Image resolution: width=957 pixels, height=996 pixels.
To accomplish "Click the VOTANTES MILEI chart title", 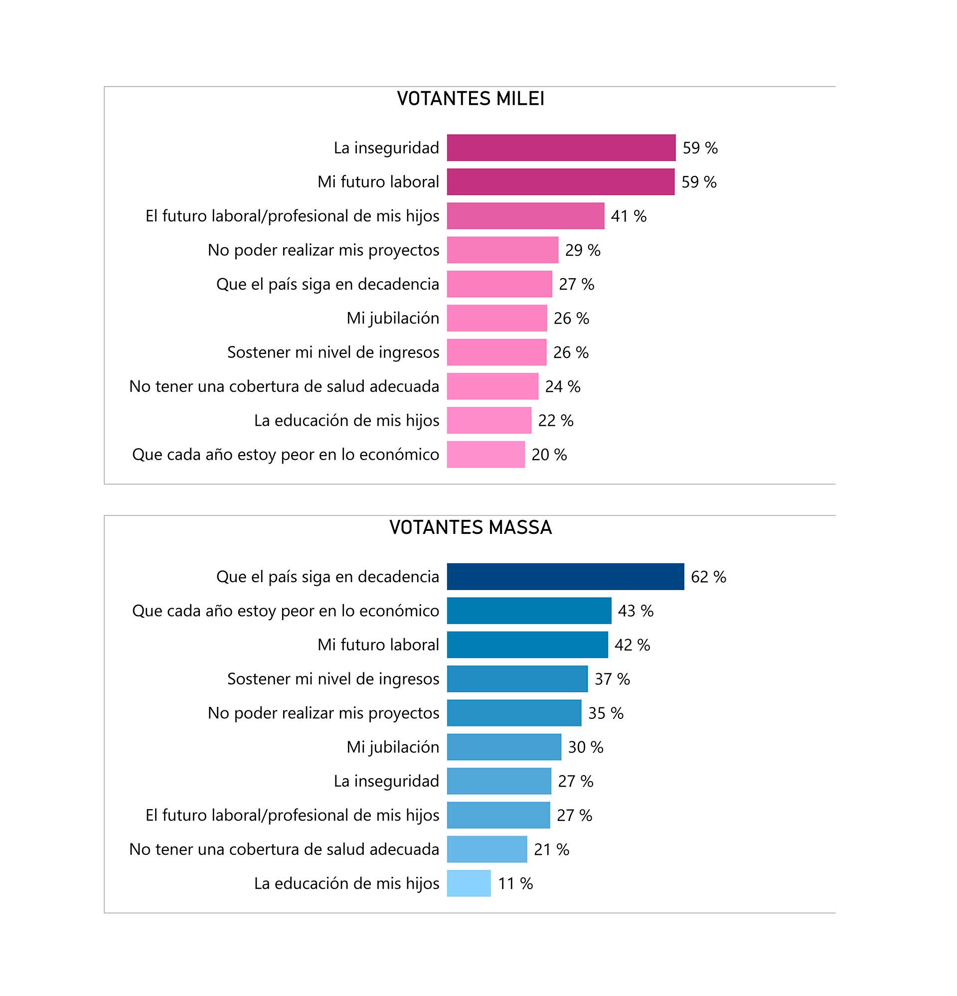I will coord(470,99).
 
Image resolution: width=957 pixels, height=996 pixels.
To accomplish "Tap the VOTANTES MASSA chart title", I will coord(470,527).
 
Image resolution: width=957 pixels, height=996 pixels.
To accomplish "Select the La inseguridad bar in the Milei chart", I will coord(561,148).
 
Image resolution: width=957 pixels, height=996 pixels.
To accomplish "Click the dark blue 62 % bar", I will coord(565,577).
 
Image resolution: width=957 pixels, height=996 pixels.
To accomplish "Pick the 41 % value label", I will coord(628,216).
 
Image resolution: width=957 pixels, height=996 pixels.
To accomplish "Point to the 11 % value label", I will coord(515,884).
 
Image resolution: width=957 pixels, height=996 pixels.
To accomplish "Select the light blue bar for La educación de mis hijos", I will coord(469,884).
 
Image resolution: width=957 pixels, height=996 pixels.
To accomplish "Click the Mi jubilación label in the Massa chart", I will coord(392,747).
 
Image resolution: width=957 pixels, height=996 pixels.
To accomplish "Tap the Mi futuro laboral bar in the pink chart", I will coord(561,182).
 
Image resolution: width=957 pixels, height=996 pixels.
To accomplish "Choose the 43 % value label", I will coord(636,611).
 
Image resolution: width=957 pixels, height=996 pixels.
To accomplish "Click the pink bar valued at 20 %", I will coord(485,454).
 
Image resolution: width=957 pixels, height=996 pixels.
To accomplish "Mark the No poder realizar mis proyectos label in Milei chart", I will coord(323,250).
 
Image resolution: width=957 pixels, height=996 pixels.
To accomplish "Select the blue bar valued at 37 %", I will coord(517,679).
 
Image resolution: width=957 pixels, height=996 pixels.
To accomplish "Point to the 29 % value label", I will coord(583,251).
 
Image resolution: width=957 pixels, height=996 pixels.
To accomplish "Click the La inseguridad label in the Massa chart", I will coord(386,781).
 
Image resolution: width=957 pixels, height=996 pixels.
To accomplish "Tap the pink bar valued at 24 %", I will coord(492,386).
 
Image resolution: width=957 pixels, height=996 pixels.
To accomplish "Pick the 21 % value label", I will coord(551,849).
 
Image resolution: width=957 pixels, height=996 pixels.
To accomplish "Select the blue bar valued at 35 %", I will coord(514,713).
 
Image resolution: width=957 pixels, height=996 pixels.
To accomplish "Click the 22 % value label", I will coord(555,421).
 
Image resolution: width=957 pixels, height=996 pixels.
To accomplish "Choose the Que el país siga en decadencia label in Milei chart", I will coord(327,284).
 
